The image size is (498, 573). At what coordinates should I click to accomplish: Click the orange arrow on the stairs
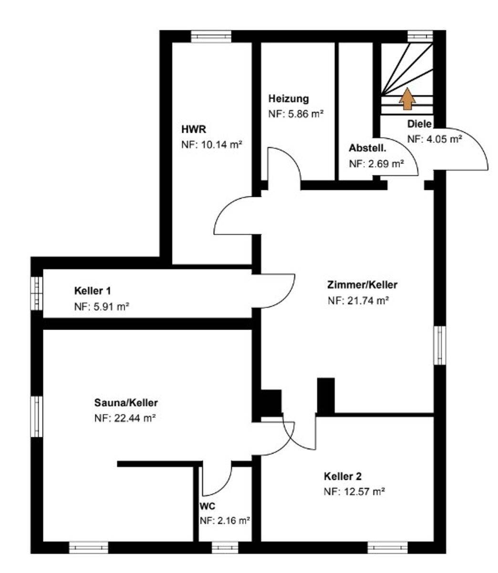pos(407,98)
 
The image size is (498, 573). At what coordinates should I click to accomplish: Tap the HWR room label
pos(194,129)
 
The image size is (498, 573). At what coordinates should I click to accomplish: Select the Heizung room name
pos(289,98)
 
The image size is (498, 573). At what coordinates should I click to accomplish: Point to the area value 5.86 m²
pos(306,114)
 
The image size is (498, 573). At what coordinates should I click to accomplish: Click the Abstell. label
pos(367,148)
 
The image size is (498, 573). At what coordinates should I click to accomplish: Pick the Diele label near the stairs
pos(419,124)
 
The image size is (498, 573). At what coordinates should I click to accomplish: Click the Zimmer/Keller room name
pos(362,285)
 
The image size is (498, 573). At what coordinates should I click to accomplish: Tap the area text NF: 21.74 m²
pos(358,300)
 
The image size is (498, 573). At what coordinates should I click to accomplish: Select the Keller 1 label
pos(93,291)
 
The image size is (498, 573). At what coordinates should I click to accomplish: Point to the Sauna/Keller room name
pos(126,403)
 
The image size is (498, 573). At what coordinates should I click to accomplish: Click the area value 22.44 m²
pos(135,418)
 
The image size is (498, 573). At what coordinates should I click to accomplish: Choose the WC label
pos(207,506)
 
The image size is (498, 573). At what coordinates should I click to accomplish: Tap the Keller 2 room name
pos(342,476)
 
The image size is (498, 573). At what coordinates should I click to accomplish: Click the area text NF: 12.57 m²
pos(354,491)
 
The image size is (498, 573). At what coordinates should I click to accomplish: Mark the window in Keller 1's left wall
pos(37,294)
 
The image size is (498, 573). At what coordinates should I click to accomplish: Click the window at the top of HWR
pos(211,36)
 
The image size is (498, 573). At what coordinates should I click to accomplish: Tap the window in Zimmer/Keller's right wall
pos(439,345)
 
